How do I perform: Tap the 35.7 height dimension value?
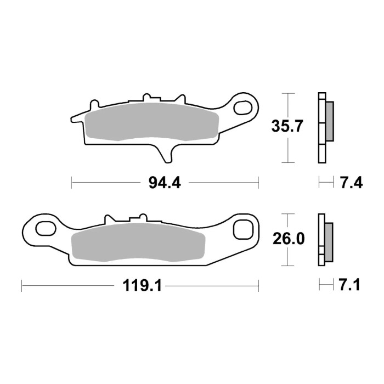pos(287,127)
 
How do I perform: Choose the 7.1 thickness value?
pos(349,286)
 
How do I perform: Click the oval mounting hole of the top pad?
pos(242,108)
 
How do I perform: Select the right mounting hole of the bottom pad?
pos(242,230)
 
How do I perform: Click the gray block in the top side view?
pos(329,121)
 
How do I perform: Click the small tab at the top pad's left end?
pos(94,104)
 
